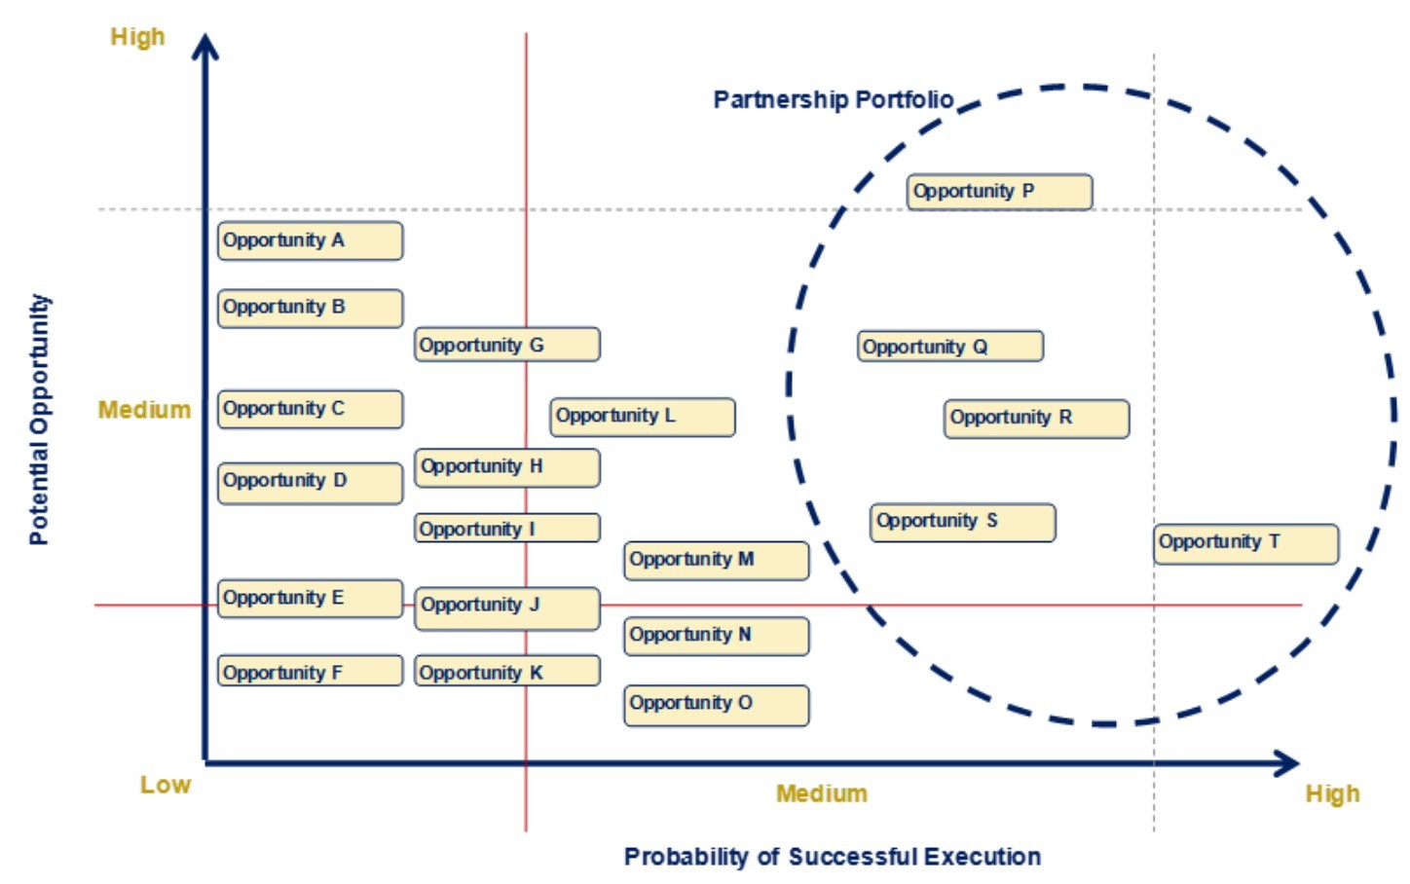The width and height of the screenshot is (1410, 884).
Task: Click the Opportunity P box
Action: [999, 192]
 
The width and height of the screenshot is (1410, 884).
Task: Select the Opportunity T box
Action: [1246, 543]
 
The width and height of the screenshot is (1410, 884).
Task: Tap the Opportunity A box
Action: [310, 240]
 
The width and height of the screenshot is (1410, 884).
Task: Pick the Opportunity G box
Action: [506, 345]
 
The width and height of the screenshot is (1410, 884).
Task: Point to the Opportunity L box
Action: [642, 417]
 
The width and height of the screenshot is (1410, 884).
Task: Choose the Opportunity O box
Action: [716, 705]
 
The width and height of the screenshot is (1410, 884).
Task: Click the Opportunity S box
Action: [962, 522]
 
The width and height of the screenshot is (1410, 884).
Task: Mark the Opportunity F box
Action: [310, 671]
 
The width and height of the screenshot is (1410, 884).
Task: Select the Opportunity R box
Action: [1036, 419]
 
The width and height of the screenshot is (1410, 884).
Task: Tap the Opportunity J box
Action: [506, 608]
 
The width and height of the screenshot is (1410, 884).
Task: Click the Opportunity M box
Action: [716, 561]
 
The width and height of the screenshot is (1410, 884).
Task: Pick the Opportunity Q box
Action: [949, 347]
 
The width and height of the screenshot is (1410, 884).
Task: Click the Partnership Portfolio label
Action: [833, 100]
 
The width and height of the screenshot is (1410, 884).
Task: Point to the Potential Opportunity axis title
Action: [39, 419]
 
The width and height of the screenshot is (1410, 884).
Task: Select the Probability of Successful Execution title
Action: [832, 857]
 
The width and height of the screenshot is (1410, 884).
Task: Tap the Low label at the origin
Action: [165, 785]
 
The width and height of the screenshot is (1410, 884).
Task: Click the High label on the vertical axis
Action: [137, 38]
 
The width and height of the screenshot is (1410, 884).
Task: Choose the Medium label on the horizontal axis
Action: [821, 793]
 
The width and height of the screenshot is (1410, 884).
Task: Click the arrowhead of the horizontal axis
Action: [1287, 763]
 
